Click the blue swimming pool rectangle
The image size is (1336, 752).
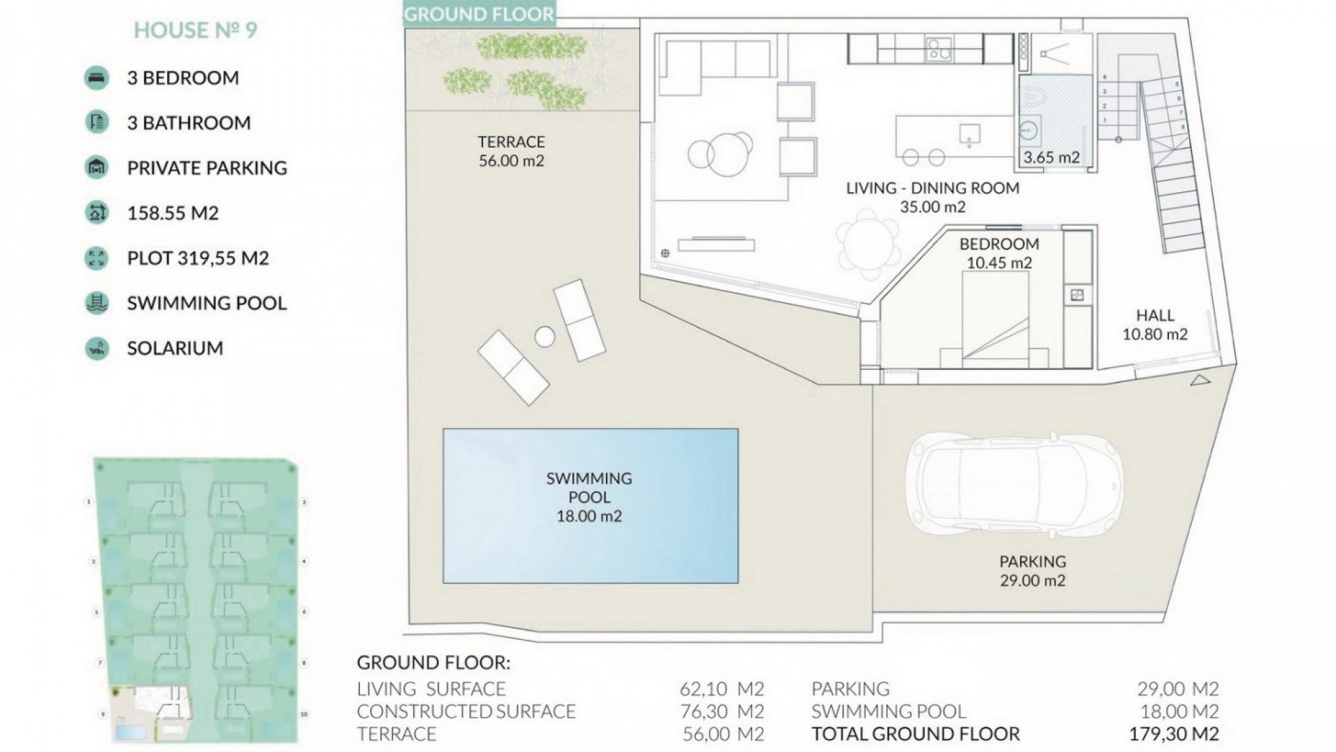coord(590,506)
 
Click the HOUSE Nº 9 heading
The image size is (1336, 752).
coord(196,30)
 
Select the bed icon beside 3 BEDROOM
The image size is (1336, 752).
coord(97,77)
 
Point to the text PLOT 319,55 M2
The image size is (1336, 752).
coord(198,258)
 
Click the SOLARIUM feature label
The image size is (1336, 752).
coord(175,348)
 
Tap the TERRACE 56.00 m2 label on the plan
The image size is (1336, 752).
coord(511,151)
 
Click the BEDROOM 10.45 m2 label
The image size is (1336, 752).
coord(999,253)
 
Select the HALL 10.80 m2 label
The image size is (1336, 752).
coord(1155,324)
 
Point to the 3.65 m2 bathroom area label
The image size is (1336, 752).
coord(1051,157)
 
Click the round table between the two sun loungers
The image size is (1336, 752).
coord(545,337)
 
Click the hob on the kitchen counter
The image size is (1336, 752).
coord(939,49)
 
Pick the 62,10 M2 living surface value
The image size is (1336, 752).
coord(722,689)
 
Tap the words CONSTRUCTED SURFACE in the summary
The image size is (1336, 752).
coord(466,712)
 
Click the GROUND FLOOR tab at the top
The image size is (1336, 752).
coord(479,14)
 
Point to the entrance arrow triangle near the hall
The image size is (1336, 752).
coord(1200,380)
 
